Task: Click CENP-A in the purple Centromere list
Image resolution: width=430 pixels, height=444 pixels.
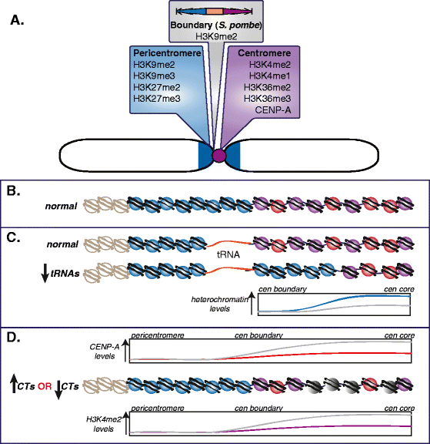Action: [272, 109]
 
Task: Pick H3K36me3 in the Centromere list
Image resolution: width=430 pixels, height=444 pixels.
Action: [267, 98]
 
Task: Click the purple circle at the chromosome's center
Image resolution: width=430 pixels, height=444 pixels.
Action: [218, 156]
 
